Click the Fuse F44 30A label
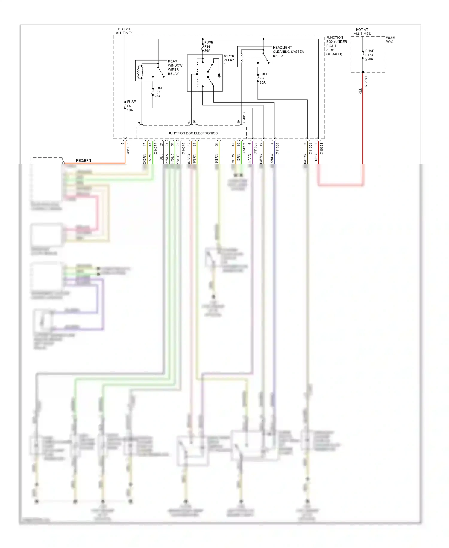coord(209,46)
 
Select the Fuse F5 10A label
coord(131,106)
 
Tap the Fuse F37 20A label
coord(159,92)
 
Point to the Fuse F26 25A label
coord(264,78)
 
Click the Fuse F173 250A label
coord(369,55)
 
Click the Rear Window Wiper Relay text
coord(175,67)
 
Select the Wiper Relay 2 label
coord(228,60)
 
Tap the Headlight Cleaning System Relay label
coord(288,52)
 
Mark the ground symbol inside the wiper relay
coord(219,76)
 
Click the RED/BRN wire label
coord(83,161)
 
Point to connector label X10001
coord(366,82)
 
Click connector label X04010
coord(244,118)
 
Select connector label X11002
coord(128,148)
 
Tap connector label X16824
coord(321,148)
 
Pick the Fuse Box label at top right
coord(390,40)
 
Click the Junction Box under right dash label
coord(336,46)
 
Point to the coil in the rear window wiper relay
coord(139,72)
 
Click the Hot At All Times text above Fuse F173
coord(362,31)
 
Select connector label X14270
coord(183,148)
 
